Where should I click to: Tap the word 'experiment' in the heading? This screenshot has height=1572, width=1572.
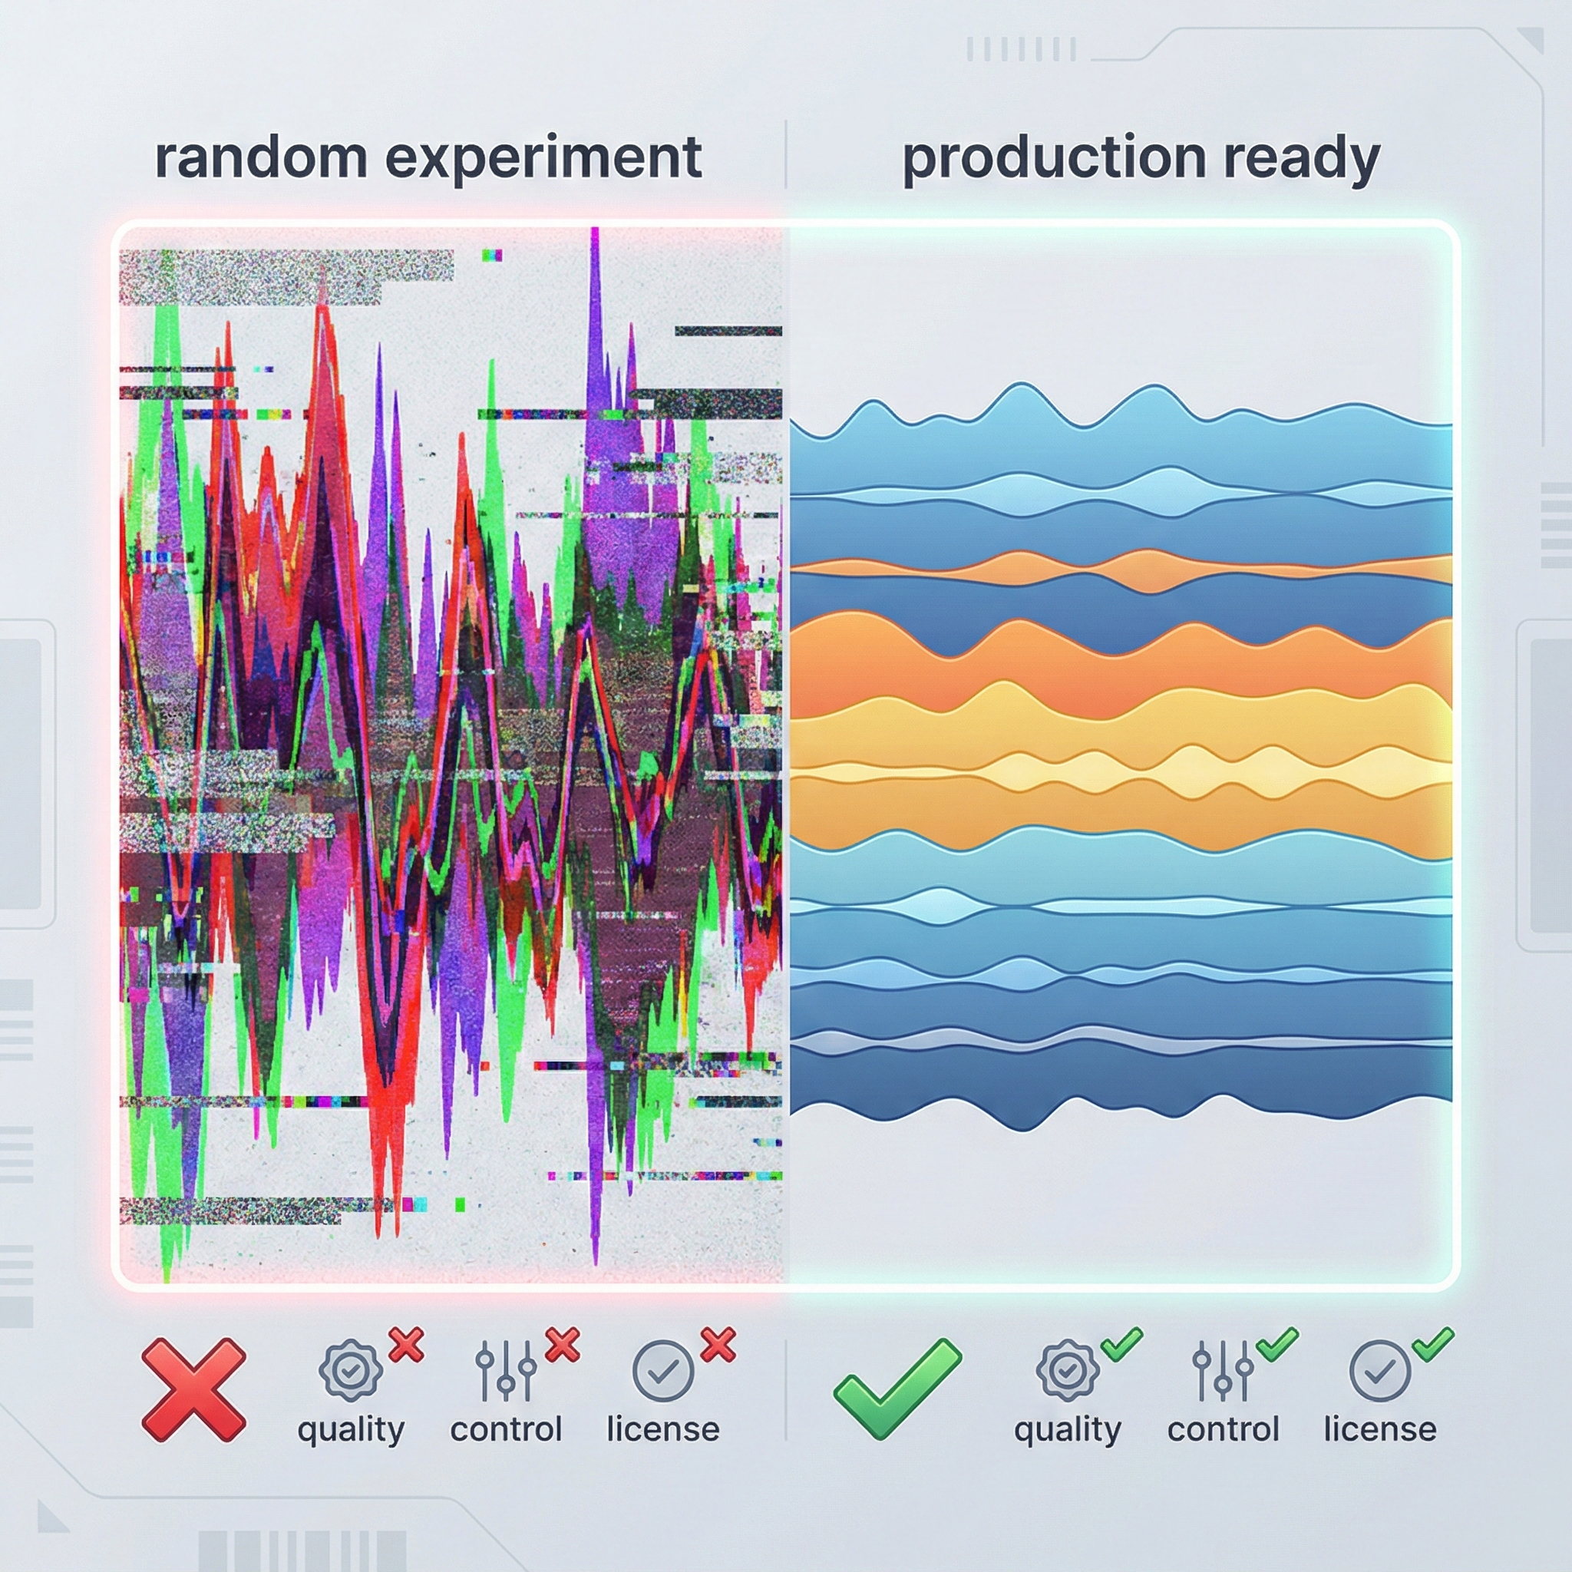click(543, 160)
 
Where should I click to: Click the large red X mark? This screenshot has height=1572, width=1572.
click(193, 1391)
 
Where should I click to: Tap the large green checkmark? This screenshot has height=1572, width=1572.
click(897, 1389)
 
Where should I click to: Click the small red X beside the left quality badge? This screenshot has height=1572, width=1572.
click(406, 1345)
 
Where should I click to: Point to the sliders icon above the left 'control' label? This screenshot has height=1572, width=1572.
click(506, 1371)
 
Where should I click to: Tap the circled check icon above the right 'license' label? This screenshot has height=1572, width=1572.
click(1380, 1371)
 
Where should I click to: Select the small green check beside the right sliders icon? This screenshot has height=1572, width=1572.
click(1277, 1345)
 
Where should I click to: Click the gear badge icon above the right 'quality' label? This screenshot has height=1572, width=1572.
click(1068, 1371)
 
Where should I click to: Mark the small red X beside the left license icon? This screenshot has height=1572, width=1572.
click(718, 1345)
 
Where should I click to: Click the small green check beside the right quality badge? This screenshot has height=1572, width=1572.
click(1122, 1345)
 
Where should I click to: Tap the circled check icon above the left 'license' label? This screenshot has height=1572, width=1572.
click(663, 1371)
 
